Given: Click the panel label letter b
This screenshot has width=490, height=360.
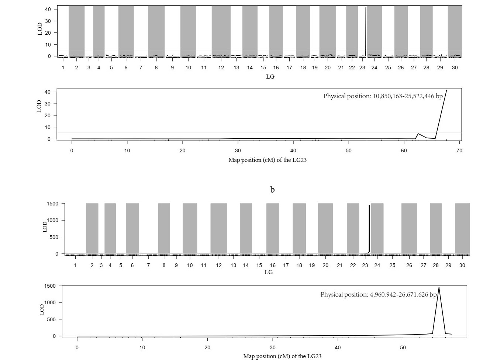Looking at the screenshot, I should click(x=272, y=190).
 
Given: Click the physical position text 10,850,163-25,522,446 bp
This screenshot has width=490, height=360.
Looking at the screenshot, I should click(x=383, y=96).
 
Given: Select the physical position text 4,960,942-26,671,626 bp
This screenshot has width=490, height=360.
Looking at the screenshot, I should click(x=378, y=295).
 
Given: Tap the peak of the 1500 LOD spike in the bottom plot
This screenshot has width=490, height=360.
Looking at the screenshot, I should click(x=439, y=288).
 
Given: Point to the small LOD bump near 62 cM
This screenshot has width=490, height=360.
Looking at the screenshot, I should click(x=418, y=134).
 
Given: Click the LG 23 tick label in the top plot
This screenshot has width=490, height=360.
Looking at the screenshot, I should click(x=362, y=68).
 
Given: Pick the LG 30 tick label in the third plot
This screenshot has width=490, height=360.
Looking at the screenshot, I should click(x=462, y=265).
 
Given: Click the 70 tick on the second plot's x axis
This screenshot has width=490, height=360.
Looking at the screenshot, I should click(x=459, y=150).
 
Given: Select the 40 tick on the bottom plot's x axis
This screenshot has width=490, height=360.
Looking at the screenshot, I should click(x=338, y=347).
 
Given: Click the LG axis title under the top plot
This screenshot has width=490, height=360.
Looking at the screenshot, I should click(x=270, y=77).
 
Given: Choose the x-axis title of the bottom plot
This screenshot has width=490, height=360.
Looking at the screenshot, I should click(x=282, y=356).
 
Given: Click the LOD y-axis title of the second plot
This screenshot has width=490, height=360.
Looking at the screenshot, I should click(x=39, y=106).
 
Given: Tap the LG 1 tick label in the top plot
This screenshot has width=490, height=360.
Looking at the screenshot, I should click(x=63, y=68).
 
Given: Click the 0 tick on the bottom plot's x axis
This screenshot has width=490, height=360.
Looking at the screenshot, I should click(x=77, y=347).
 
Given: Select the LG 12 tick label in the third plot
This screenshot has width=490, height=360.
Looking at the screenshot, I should click(x=219, y=265).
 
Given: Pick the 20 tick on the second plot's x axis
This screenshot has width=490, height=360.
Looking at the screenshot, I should click(x=182, y=150).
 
